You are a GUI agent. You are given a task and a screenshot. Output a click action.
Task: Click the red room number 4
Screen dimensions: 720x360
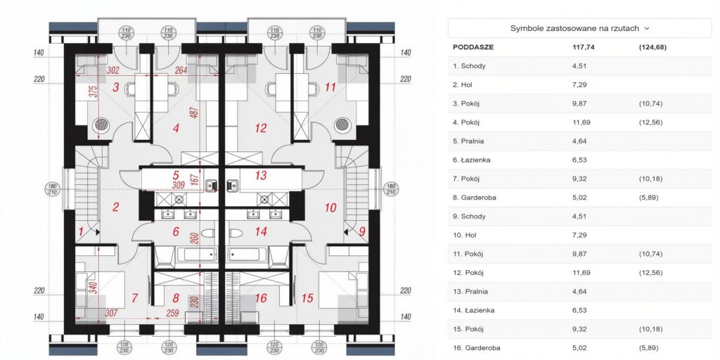176,129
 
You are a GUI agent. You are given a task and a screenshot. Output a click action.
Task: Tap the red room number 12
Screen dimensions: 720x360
260,129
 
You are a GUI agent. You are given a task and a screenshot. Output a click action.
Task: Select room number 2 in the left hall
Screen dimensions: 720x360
116,207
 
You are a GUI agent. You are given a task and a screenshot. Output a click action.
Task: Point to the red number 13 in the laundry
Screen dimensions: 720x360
260,175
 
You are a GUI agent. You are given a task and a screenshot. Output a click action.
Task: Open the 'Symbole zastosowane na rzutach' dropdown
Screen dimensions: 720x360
579,28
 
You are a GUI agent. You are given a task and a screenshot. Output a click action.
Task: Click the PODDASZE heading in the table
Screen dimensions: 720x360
473,47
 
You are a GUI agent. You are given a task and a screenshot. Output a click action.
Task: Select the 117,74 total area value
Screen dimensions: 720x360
584,47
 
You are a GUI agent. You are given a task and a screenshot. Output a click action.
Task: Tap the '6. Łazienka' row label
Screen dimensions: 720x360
472,160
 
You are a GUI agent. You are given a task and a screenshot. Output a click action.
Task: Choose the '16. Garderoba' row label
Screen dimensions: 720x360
476,347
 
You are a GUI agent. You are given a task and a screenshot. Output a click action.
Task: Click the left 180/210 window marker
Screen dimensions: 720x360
52,188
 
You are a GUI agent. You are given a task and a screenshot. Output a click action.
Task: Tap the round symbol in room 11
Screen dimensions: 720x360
342,124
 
